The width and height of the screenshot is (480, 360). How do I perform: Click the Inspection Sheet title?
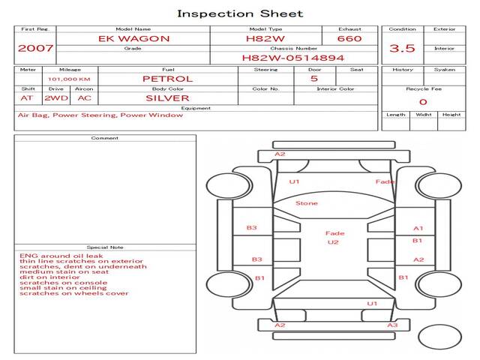click(x=240, y=13)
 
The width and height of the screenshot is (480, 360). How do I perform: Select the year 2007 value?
click(x=35, y=48)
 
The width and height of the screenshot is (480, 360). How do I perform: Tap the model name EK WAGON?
click(x=133, y=38)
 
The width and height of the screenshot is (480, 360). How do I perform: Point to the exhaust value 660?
click(x=349, y=38)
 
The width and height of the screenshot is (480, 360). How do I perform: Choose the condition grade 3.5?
click(x=402, y=48)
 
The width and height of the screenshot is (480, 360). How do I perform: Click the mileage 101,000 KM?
click(x=69, y=79)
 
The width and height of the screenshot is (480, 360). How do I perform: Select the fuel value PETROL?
click(x=167, y=79)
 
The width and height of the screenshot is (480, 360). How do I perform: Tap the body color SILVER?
click(x=167, y=98)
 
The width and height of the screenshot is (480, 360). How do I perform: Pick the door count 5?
click(x=313, y=79)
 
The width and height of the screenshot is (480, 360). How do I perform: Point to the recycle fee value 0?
click(x=423, y=102)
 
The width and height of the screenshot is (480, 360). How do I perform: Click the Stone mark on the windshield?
click(x=306, y=203)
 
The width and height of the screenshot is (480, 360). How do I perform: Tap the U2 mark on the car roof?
click(x=334, y=243)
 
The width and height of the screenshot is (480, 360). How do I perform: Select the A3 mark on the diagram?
click(x=391, y=325)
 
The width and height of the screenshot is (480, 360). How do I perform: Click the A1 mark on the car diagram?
click(x=418, y=228)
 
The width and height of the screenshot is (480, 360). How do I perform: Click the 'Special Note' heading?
click(x=105, y=247)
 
